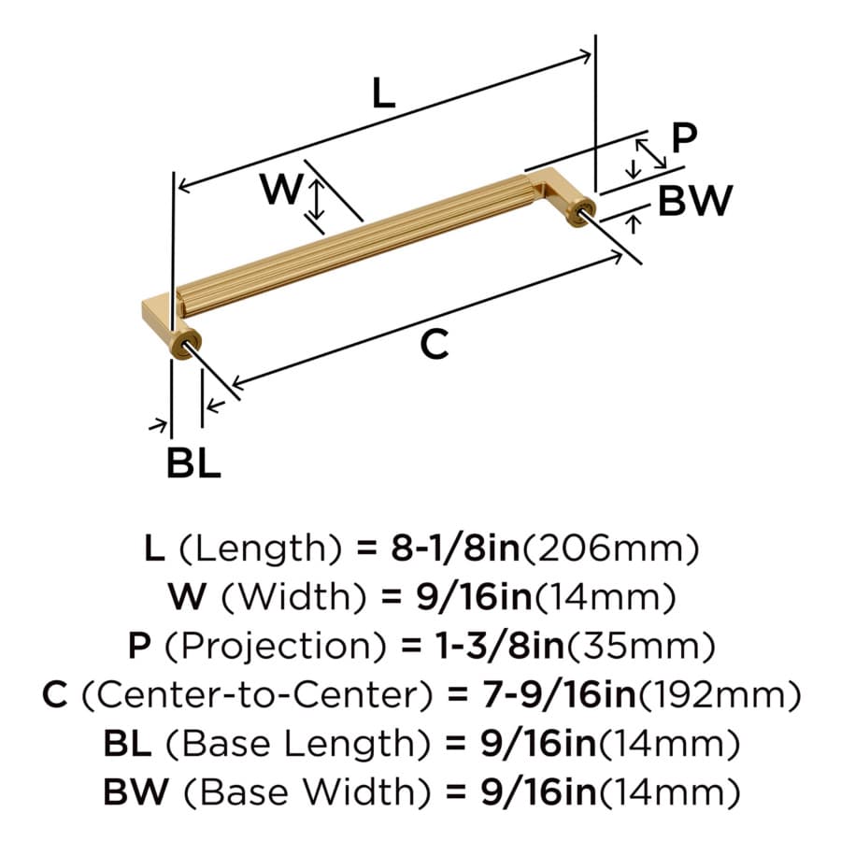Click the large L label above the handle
(x=383, y=93)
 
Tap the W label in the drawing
(x=281, y=189)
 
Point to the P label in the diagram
(x=684, y=138)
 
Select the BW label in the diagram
(x=694, y=201)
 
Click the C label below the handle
(x=434, y=344)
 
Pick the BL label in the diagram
(x=193, y=463)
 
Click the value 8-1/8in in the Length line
(x=455, y=549)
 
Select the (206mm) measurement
(x=610, y=549)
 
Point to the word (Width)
(x=294, y=597)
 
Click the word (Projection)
(x=275, y=645)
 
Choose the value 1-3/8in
(x=499, y=645)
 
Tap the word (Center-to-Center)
(x=257, y=694)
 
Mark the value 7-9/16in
(x=559, y=694)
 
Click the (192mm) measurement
(x=719, y=694)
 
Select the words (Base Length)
(x=298, y=743)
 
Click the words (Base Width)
(x=307, y=791)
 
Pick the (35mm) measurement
(x=640, y=646)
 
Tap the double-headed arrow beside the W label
(x=318, y=200)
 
